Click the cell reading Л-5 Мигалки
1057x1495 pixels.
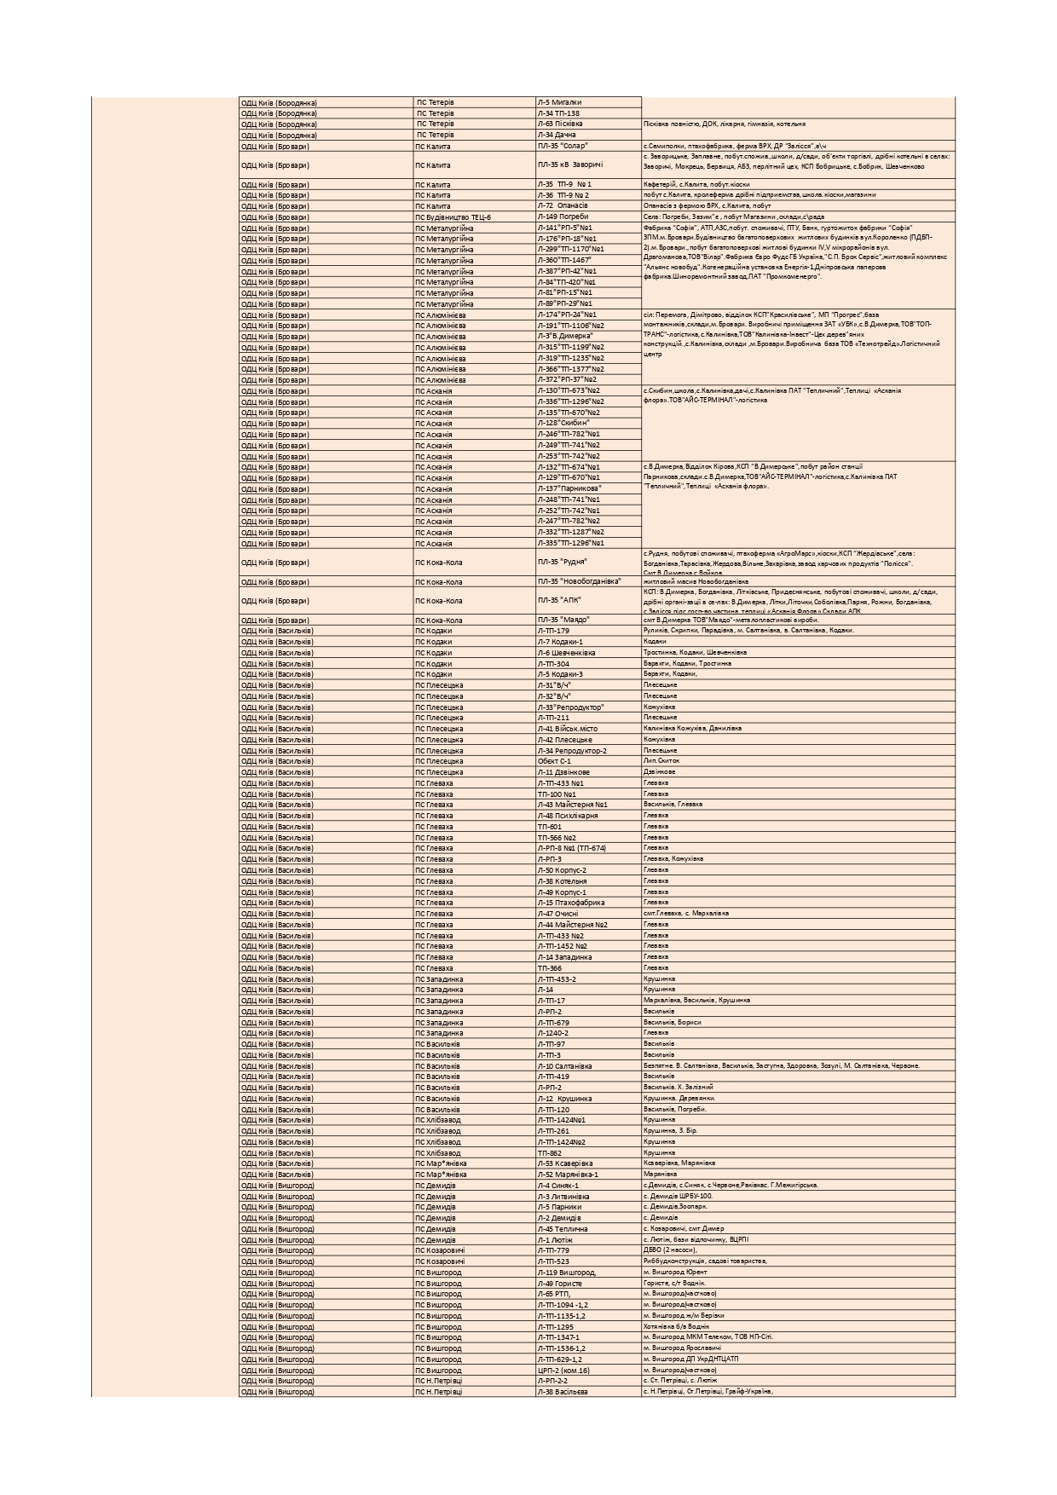(x=587, y=102)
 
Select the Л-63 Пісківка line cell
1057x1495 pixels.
(x=587, y=124)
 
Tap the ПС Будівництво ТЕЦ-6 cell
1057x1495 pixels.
(x=474, y=217)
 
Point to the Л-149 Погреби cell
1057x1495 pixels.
(x=587, y=217)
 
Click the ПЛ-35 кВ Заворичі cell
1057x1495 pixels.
(x=587, y=165)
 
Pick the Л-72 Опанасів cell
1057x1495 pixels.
(x=587, y=206)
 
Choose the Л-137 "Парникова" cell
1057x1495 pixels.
(x=587, y=489)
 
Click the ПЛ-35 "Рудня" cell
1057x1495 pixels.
(x=587, y=563)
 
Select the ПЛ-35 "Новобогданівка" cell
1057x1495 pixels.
(x=587, y=582)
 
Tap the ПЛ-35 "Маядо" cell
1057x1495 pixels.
(x=587, y=621)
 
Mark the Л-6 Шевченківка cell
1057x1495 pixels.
(x=587, y=653)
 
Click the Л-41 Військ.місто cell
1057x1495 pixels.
(x=587, y=729)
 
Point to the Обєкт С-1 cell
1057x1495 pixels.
(x=587, y=761)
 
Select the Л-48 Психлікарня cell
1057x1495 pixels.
(x=587, y=816)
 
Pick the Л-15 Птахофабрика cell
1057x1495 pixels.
(x=587, y=903)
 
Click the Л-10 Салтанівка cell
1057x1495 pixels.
(x=587, y=1066)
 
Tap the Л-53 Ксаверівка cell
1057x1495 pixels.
(x=587, y=1163)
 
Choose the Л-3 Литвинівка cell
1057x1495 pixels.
(x=587, y=1197)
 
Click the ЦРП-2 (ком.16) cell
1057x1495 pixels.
(x=587, y=1371)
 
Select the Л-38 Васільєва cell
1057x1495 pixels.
(x=587, y=1392)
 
